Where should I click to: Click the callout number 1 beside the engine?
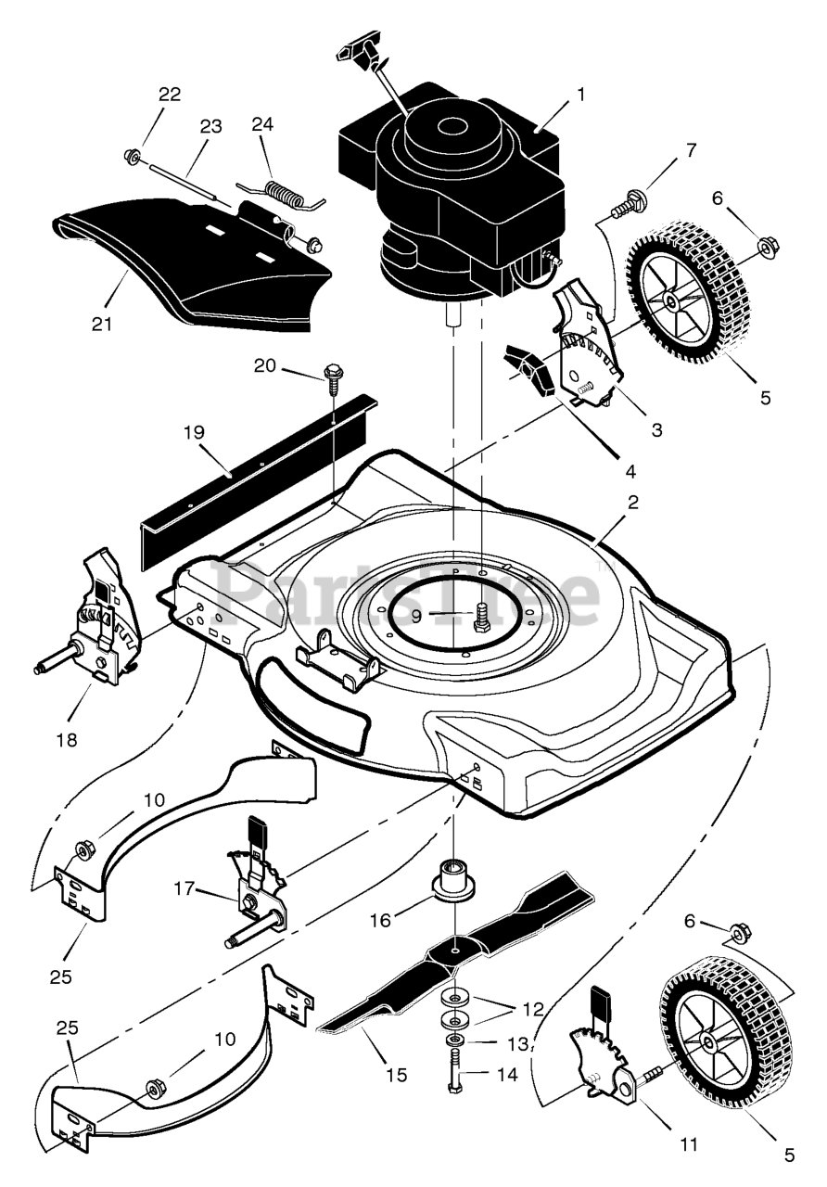click(x=581, y=94)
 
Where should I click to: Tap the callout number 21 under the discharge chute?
click(x=101, y=324)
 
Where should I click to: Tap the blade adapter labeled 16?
click(x=455, y=880)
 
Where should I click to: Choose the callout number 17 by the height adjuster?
click(x=184, y=887)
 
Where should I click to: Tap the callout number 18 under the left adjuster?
click(x=66, y=739)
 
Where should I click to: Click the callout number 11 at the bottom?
click(x=687, y=1145)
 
